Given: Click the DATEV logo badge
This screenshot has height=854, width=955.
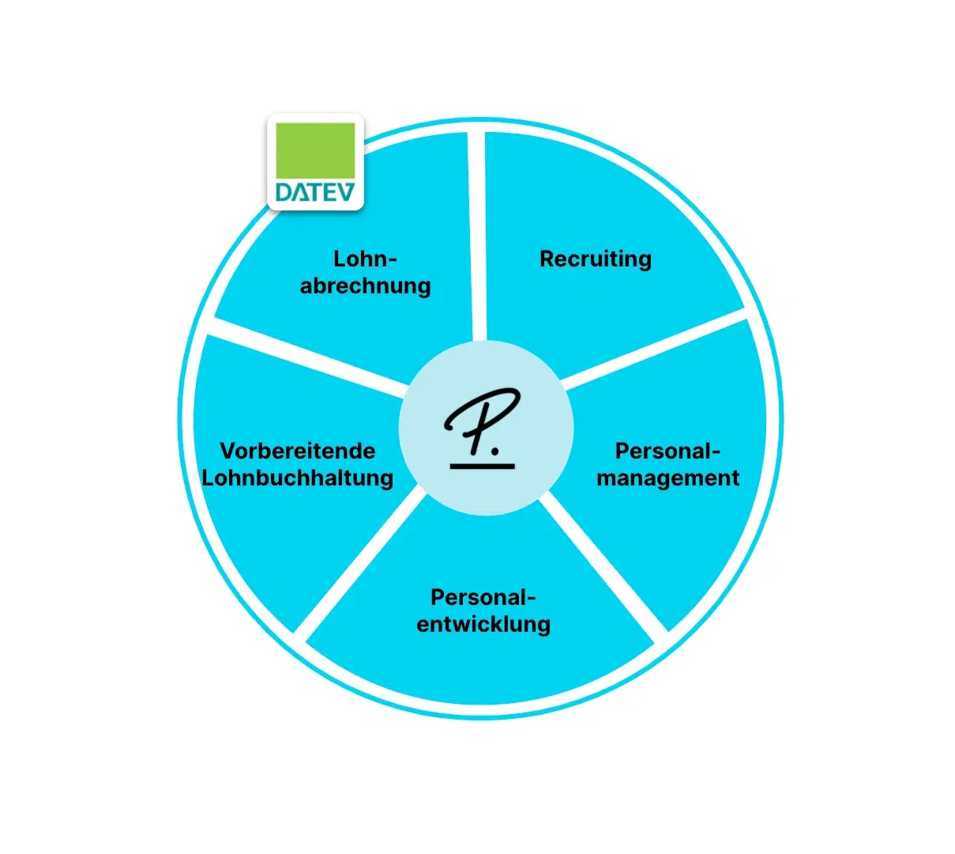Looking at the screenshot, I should pyautogui.click(x=315, y=162).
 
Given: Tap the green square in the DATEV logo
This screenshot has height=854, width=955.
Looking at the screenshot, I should pyautogui.click(x=315, y=149).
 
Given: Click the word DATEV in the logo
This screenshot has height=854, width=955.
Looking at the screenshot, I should pyautogui.click(x=315, y=192).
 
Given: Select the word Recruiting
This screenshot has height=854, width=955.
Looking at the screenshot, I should pyautogui.click(x=596, y=259).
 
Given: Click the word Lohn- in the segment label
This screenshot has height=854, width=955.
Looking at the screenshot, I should pyautogui.click(x=365, y=259).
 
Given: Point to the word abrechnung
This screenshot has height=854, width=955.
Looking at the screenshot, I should pyautogui.click(x=365, y=285).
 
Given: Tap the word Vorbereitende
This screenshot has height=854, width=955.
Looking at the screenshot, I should pyautogui.click(x=298, y=451).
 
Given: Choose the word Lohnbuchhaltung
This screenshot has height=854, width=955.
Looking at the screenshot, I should pyautogui.click(x=298, y=478).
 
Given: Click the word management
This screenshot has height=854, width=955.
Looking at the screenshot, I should pyautogui.click(x=668, y=478).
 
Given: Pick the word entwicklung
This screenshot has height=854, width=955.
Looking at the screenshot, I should pyautogui.click(x=483, y=624).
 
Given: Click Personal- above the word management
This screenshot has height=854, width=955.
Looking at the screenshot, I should pyautogui.click(x=668, y=451).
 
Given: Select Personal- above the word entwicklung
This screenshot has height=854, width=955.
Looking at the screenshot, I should pyautogui.click(x=483, y=597).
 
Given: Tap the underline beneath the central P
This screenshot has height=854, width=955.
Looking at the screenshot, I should pyautogui.click(x=483, y=465).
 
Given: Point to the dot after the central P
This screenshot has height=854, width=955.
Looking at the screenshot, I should pyautogui.click(x=495, y=452).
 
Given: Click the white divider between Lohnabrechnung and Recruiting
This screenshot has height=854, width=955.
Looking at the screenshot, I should pyautogui.click(x=477, y=237).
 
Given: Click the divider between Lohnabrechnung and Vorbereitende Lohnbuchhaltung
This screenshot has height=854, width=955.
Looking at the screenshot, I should pyautogui.click(x=308, y=356).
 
